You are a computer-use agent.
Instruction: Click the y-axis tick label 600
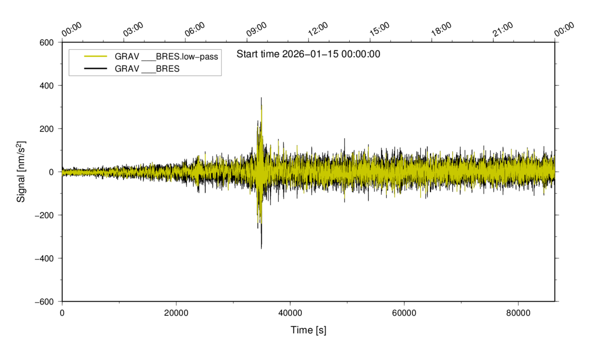pyautogui.click(x=47, y=43)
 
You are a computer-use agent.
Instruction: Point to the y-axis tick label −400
pyautogui.click(x=45, y=258)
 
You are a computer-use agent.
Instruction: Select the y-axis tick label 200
pyautogui.click(x=47, y=129)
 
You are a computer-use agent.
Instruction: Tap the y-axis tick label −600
pyautogui.click(x=45, y=301)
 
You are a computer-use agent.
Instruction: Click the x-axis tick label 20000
pyautogui.click(x=176, y=313)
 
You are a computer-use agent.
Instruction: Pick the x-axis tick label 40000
pyautogui.click(x=290, y=313)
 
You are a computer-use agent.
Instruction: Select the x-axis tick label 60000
pyautogui.click(x=404, y=313)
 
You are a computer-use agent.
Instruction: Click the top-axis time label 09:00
pyautogui.click(x=257, y=29)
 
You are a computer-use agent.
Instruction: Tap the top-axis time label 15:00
pyautogui.click(x=380, y=29)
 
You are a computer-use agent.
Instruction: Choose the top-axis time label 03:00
pyautogui.click(x=133, y=29)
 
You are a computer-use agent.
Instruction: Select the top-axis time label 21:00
pyautogui.click(x=503, y=29)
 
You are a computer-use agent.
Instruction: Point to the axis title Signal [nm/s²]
pyautogui.click(x=22, y=171)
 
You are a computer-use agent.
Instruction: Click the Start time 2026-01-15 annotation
pyautogui.click(x=308, y=54)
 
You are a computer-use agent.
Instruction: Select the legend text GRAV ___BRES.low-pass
pyautogui.click(x=166, y=57)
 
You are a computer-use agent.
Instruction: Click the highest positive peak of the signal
pyautogui.click(x=261, y=98)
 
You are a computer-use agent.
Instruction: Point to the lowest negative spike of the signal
pyautogui.click(x=261, y=248)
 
